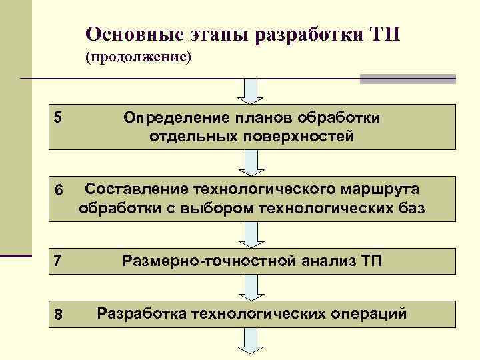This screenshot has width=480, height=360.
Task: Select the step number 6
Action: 58,191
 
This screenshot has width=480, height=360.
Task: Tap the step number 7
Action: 58,260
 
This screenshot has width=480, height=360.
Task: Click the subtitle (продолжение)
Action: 138,58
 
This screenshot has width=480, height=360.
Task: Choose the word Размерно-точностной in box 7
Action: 209,260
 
